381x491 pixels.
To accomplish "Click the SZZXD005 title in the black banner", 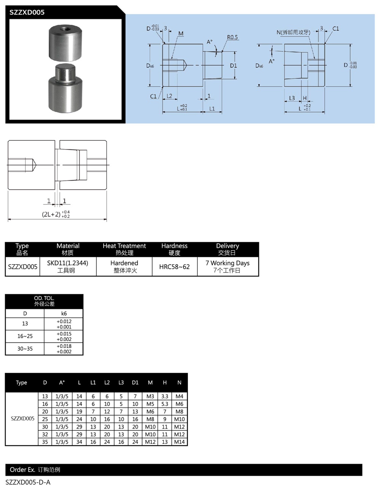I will pyautogui.click(x=27, y=12).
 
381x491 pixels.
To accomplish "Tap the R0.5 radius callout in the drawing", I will pyautogui.click(x=232, y=37).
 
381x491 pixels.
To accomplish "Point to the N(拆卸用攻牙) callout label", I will pyautogui.click(x=293, y=32).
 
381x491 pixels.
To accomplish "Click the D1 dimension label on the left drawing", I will pyautogui.click(x=233, y=66).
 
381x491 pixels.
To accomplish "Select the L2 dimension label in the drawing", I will pyautogui.click(x=170, y=96).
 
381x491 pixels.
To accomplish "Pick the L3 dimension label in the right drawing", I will pyautogui.click(x=292, y=98).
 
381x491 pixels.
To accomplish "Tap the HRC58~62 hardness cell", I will pyautogui.click(x=174, y=267).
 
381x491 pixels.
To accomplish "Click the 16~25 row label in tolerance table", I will pyautogui.click(x=25, y=336).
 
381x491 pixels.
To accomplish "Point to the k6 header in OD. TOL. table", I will pyautogui.click(x=64, y=313).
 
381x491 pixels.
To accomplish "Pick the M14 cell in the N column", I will pyautogui.click(x=179, y=442).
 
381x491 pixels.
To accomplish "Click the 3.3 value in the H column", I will pyautogui.click(x=165, y=396).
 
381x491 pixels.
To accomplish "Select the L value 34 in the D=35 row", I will pyautogui.click(x=79, y=442).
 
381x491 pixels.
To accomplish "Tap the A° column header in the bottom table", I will pyautogui.click(x=62, y=382).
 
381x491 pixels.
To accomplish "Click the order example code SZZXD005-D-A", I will pyautogui.click(x=28, y=482).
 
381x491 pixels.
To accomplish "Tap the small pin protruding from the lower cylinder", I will pyautogui.click(x=64, y=71).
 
